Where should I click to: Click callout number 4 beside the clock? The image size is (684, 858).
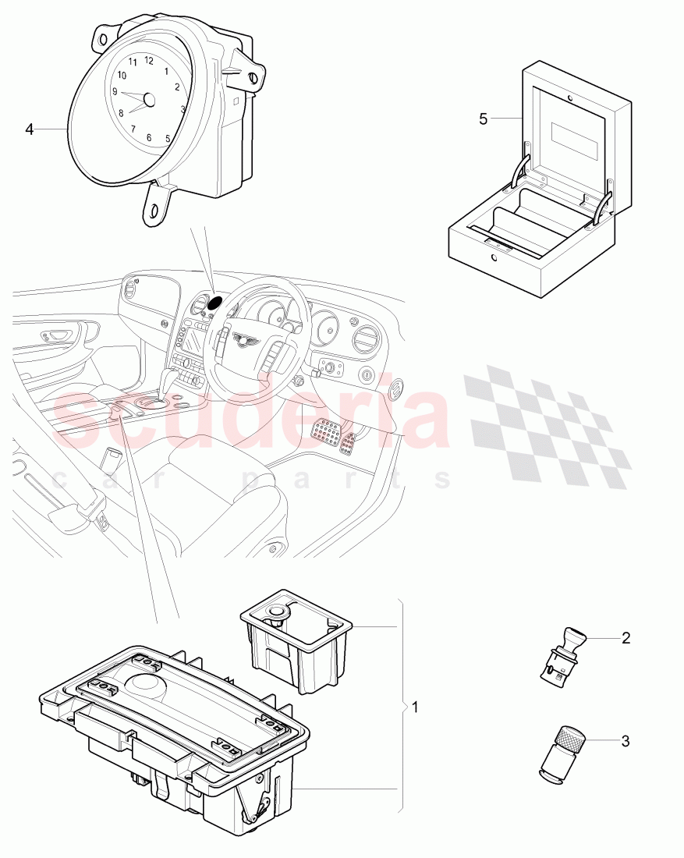(30, 129)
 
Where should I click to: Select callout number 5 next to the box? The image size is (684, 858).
(483, 119)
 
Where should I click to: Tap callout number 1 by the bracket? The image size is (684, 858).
(415, 707)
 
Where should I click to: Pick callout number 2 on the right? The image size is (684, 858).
(626, 638)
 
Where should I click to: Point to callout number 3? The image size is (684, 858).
(626, 741)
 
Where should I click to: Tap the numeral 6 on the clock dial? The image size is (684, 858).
(149, 137)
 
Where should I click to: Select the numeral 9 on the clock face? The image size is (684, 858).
(115, 91)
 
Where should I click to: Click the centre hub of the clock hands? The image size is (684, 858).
(149, 100)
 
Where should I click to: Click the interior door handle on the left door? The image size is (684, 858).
(59, 335)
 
